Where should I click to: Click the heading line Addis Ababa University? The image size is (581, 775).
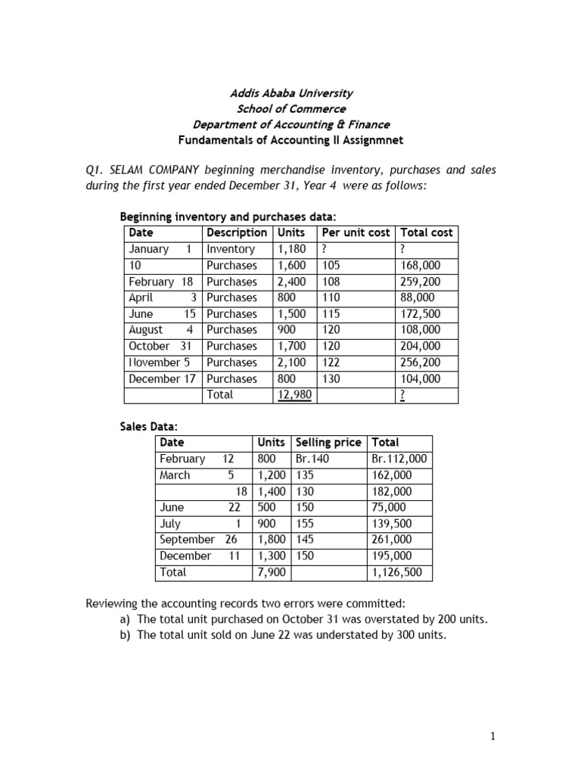coord(291,93)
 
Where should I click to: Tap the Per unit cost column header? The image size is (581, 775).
coord(356,232)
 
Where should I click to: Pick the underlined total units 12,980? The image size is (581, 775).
coord(293,395)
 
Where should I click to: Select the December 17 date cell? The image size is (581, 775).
coord(162,379)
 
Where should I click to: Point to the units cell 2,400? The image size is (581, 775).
coord(291,282)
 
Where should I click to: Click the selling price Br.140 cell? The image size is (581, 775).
coord(311,459)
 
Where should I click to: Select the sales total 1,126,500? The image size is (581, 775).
coord(397,573)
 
